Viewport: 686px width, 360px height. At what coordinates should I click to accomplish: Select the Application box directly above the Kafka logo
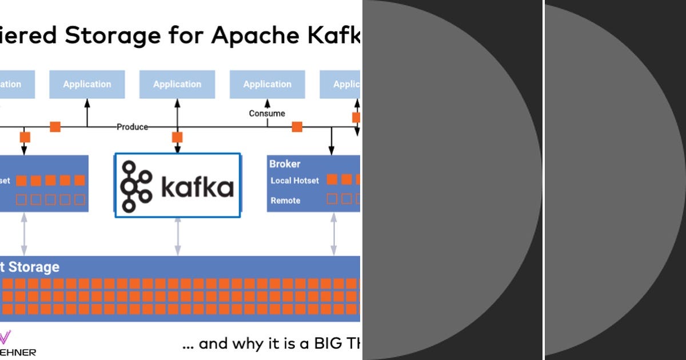pyautogui.click(x=177, y=85)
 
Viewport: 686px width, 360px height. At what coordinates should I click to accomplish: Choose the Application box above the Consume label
pyautogui.click(x=267, y=85)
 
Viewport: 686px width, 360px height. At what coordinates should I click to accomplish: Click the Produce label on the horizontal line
pyautogui.click(x=132, y=127)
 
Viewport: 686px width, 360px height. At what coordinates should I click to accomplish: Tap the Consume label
pyautogui.click(x=267, y=113)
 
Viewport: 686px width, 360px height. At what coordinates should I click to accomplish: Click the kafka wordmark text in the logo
pyautogui.click(x=197, y=187)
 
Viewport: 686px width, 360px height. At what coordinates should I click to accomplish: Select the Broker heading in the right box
pyautogui.click(x=285, y=164)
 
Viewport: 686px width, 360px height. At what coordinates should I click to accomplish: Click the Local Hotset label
pyautogui.click(x=294, y=181)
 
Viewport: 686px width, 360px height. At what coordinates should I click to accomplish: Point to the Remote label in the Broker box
pyautogui.click(x=285, y=201)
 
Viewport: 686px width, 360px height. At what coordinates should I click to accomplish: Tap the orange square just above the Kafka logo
pyautogui.click(x=177, y=137)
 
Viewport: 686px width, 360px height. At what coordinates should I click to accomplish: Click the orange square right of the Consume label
pyautogui.click(x=297, y=127)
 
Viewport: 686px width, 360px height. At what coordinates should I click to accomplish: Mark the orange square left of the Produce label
pyautogui.click(x=55, y=127)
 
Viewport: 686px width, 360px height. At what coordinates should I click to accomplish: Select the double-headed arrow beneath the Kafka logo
pyautogui.click(x=177, y=236)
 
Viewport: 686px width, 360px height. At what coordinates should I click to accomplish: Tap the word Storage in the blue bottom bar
pyautogui.click(x=33, y=267)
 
